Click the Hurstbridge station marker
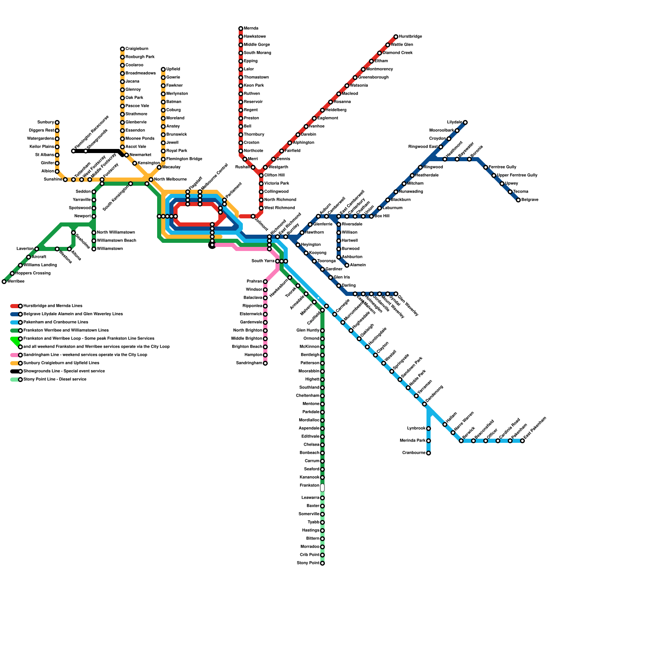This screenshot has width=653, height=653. [396, 37]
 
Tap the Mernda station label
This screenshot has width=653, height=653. [251, 29]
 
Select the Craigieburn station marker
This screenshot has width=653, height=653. [122, 49]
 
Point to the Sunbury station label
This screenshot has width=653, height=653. [46, 122]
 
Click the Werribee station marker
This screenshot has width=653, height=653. [4, 282]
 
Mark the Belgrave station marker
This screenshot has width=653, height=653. [518, 200]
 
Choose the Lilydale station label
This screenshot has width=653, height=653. [455, 122]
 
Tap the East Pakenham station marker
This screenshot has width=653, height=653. [522, 441]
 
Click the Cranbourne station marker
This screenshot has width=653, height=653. [429, 453]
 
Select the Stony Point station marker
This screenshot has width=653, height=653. [322, 563]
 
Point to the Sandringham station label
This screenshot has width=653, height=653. [249, 363]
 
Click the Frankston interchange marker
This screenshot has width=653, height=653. [322, 488]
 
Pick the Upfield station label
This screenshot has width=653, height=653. [173, 69]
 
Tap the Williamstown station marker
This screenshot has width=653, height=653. [94, 249]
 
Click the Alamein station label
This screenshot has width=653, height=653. [358, 265]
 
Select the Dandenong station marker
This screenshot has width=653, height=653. [424, 404]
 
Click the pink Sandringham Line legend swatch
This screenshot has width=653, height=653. [14, 355]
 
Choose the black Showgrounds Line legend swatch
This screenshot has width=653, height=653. [14, 371]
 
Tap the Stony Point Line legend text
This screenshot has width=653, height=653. [55, 380]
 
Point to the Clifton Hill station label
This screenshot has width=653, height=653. [274, 175]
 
